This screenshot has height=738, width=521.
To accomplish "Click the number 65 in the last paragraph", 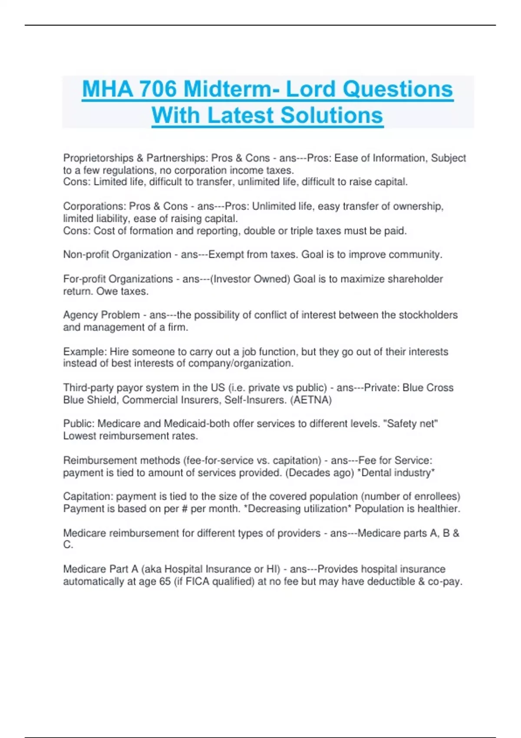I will (x=165, y=581).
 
